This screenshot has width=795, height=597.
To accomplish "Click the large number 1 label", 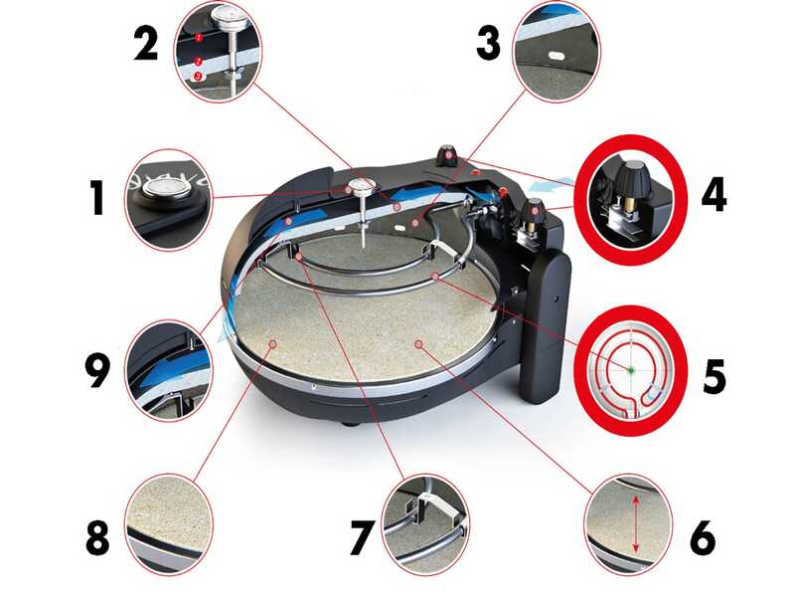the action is (97, 198).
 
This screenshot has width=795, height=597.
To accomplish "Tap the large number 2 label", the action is (146, 44).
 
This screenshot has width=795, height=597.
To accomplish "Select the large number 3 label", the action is (489, 44).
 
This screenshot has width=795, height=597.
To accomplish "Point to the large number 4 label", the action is (714, 193).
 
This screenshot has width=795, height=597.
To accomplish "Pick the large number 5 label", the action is (714, 376).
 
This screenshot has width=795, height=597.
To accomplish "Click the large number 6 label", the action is (703, 537).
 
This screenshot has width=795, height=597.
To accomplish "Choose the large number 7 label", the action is (362, 537).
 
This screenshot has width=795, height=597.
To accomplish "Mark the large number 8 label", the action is (97, 537).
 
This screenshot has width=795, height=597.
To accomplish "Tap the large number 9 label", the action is (97, 370).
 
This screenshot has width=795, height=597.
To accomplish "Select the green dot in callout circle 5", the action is (631, 370).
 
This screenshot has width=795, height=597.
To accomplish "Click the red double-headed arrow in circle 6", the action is (634, 524).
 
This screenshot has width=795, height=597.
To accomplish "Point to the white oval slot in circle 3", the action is (556, 54).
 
